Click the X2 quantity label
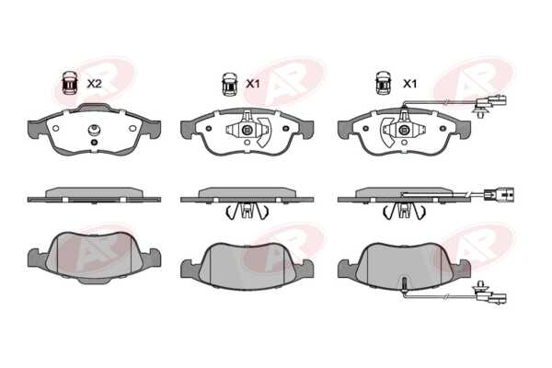pos(94,84)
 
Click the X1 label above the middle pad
pos(252,84)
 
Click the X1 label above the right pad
pos(409,84)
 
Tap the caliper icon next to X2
pos(70,83)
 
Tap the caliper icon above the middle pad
pos(229,84)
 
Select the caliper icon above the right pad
pos(384,83)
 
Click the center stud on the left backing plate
pos(94,131)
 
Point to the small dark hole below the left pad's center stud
pos(94,143)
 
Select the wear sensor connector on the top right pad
pos(490,105)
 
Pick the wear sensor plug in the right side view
pos(499,194)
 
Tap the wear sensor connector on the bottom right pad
pos(490,294)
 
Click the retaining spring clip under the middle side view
pos(247,212)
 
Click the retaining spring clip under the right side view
pos(404,212)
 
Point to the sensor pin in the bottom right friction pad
pos(405,284)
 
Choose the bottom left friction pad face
pos(94,255)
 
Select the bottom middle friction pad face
pos(247,266)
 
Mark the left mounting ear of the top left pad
pos(37,128)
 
